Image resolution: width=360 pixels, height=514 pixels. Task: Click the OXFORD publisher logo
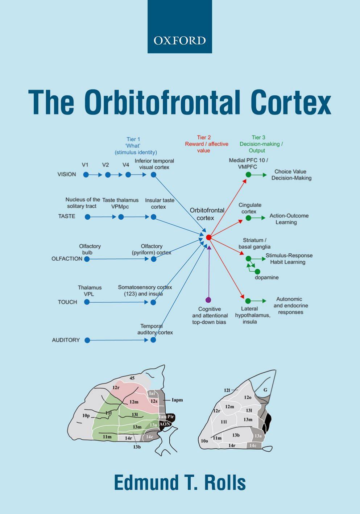click(x=179, y=40)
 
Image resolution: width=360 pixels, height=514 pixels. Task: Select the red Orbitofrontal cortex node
click(x=208, y=237)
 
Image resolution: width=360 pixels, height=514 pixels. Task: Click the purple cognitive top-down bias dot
click(x=208, y=300)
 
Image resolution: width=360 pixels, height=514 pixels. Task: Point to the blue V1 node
click(x=86, y=175)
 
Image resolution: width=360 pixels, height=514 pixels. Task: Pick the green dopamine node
click(x=257, y=271)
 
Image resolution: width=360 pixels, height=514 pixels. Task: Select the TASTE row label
click(x=67, y=216)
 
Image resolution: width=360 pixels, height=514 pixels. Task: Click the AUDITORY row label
click(x=66, y=340)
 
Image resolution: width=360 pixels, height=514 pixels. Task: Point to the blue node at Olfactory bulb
click(x=87, y=259)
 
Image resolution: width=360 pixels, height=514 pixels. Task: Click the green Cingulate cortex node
click(x=248, y=218)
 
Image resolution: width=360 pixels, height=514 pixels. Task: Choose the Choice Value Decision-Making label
click(x=291, y=175)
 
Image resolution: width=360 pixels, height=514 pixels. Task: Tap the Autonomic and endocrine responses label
click(x=290, y=306)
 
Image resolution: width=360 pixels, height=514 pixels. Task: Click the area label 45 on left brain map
click(x=132, y=378)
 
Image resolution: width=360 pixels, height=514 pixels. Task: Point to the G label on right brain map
click(x=265, y=390)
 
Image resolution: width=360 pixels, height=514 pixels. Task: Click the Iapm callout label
click(x=177, y=400)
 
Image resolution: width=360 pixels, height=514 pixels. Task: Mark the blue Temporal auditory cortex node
click(x=153, y=340)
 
